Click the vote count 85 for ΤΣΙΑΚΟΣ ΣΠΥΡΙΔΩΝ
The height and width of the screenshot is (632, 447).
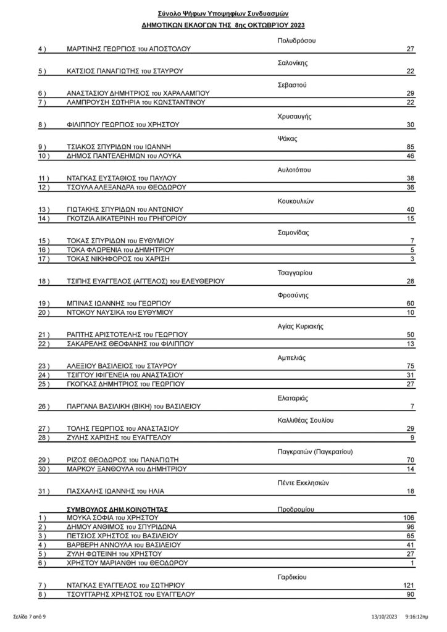click(409, 148)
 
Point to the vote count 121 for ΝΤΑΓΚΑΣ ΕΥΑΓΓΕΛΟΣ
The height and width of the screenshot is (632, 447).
click(407, 585)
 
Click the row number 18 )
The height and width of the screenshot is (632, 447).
click(43, 281)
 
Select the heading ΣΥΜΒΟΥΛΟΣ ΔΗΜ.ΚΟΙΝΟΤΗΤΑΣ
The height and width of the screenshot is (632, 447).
click(117, 509)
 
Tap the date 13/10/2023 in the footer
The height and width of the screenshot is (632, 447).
click(385, 616)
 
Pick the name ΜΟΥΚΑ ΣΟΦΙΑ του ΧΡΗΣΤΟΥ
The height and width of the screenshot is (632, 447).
click(113, 517)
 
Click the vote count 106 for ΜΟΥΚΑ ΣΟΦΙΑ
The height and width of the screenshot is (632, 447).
click(407, 517)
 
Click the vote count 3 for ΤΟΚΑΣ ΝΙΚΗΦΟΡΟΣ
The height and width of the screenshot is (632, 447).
click(411, 259)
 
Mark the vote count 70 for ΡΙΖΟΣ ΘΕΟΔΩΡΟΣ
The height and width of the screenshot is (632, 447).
click(409, 460)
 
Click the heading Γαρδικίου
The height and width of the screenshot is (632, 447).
click(288, 576)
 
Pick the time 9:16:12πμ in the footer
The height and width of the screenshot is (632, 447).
click(418, 616)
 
